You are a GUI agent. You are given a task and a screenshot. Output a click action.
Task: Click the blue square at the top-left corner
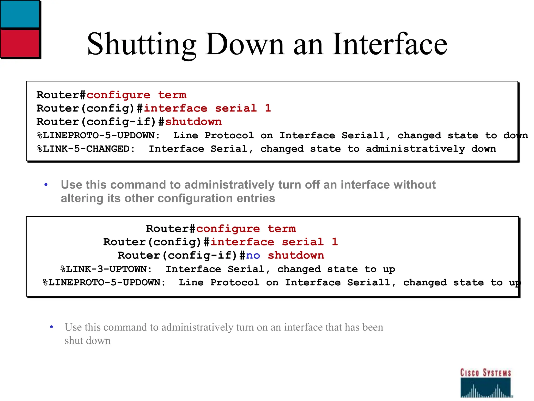[x=20, y=14]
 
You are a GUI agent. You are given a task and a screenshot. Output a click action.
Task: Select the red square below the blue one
[x=20, y=43]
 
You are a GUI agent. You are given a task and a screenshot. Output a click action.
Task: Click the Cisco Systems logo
[x=486, y=383]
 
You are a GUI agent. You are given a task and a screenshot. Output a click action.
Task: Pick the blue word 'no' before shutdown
[x=253, y=255]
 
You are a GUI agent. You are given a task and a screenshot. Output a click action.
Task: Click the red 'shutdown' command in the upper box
[x=193, y=122]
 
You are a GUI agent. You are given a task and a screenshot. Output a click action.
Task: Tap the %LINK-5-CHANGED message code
[x=86, y=149]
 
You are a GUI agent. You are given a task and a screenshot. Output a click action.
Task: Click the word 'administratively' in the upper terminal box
[x=415, y=149]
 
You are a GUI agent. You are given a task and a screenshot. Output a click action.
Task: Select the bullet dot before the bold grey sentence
[x=46, y=185]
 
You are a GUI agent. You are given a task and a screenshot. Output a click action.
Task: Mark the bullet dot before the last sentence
[x=51, y=327]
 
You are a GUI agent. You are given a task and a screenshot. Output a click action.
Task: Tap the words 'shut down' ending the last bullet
[x=88, y=341]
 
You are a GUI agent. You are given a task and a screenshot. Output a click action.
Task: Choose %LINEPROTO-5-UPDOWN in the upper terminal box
[x=98, y=135]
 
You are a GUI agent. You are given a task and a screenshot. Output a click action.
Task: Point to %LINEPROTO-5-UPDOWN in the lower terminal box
[x=104, y=282]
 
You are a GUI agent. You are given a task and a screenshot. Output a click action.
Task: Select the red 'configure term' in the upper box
[x=136, y=95]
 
